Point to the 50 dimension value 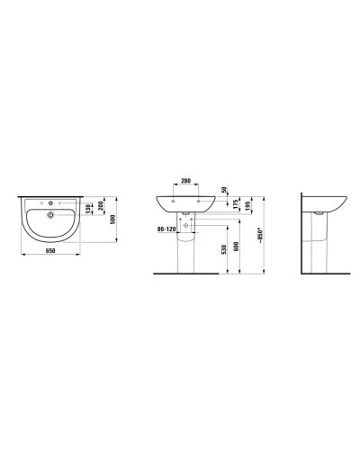tap(223, 193)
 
